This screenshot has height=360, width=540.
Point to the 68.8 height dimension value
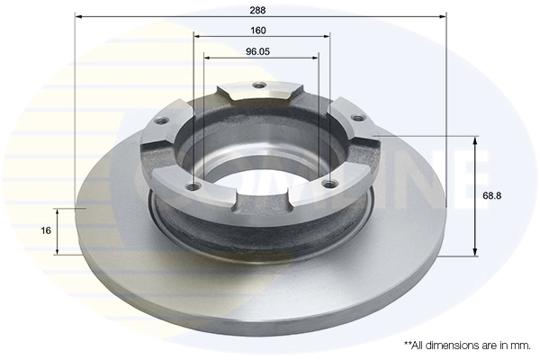492,195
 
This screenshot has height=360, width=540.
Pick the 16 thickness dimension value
46,230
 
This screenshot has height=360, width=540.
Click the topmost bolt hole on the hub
260,86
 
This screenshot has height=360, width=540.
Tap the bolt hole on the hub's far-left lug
164,122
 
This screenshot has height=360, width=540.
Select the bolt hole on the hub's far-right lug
355,118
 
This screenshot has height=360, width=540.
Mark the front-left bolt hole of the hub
191,187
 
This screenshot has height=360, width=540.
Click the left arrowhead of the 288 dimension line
78,16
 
